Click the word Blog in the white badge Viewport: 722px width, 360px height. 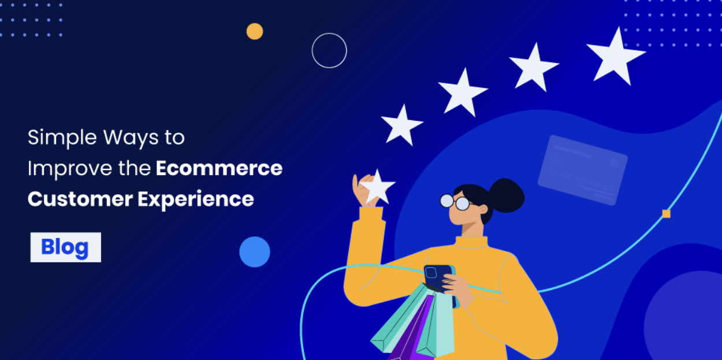[65, 247]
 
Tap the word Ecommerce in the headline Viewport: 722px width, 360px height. [219, 168]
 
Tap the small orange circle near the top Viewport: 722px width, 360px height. [255, 31]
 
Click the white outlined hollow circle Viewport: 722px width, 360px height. [329, 51]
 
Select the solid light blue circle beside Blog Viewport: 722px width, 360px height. [255, 252]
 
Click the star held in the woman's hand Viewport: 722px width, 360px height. [378, 186]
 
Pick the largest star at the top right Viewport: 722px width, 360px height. [615, 55]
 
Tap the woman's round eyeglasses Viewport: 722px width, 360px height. [455, 202]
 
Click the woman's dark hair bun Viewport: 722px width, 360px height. [504, 194]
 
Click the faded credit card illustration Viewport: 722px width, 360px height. [582, 169]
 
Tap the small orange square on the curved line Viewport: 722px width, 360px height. [666, 214]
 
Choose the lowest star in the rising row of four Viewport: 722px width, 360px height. [402, 124]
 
